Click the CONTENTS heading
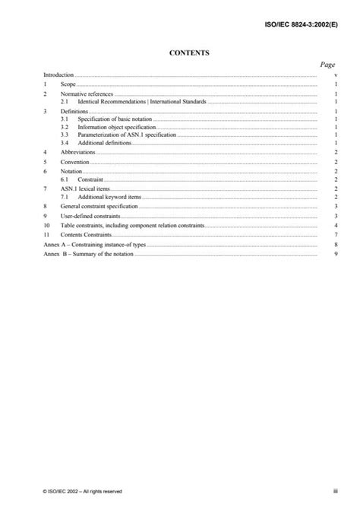tap(180, 53)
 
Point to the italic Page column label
tap(327, 66)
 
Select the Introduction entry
tap(58, 76)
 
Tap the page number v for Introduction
tap(335, 76)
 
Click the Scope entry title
tap(68, 84)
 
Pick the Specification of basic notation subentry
tap(112, 119)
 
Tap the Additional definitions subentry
tap(103, 143)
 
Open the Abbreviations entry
tap(78, 152)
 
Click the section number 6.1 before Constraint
tap(65, 179)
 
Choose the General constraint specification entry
tap(99, 206)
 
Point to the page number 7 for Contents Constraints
tap(335, 236)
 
